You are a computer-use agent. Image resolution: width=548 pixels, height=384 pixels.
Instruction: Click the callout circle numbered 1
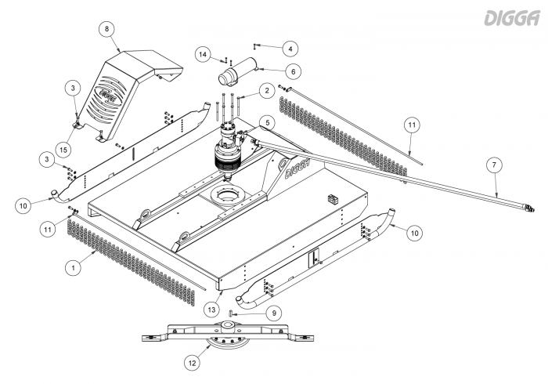(x=73, y=267)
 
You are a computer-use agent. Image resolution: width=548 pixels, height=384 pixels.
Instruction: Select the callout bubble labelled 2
(x=267, y=92)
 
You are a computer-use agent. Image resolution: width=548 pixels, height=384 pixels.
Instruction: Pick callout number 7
(x=492, y=165)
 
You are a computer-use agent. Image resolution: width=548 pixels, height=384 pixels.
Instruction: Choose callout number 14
(x=203, y=54)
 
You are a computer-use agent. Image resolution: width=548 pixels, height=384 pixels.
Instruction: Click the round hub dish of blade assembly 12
(x=227, y=342)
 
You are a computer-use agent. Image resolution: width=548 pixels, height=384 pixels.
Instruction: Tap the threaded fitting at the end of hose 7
(x=528, y=207)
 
